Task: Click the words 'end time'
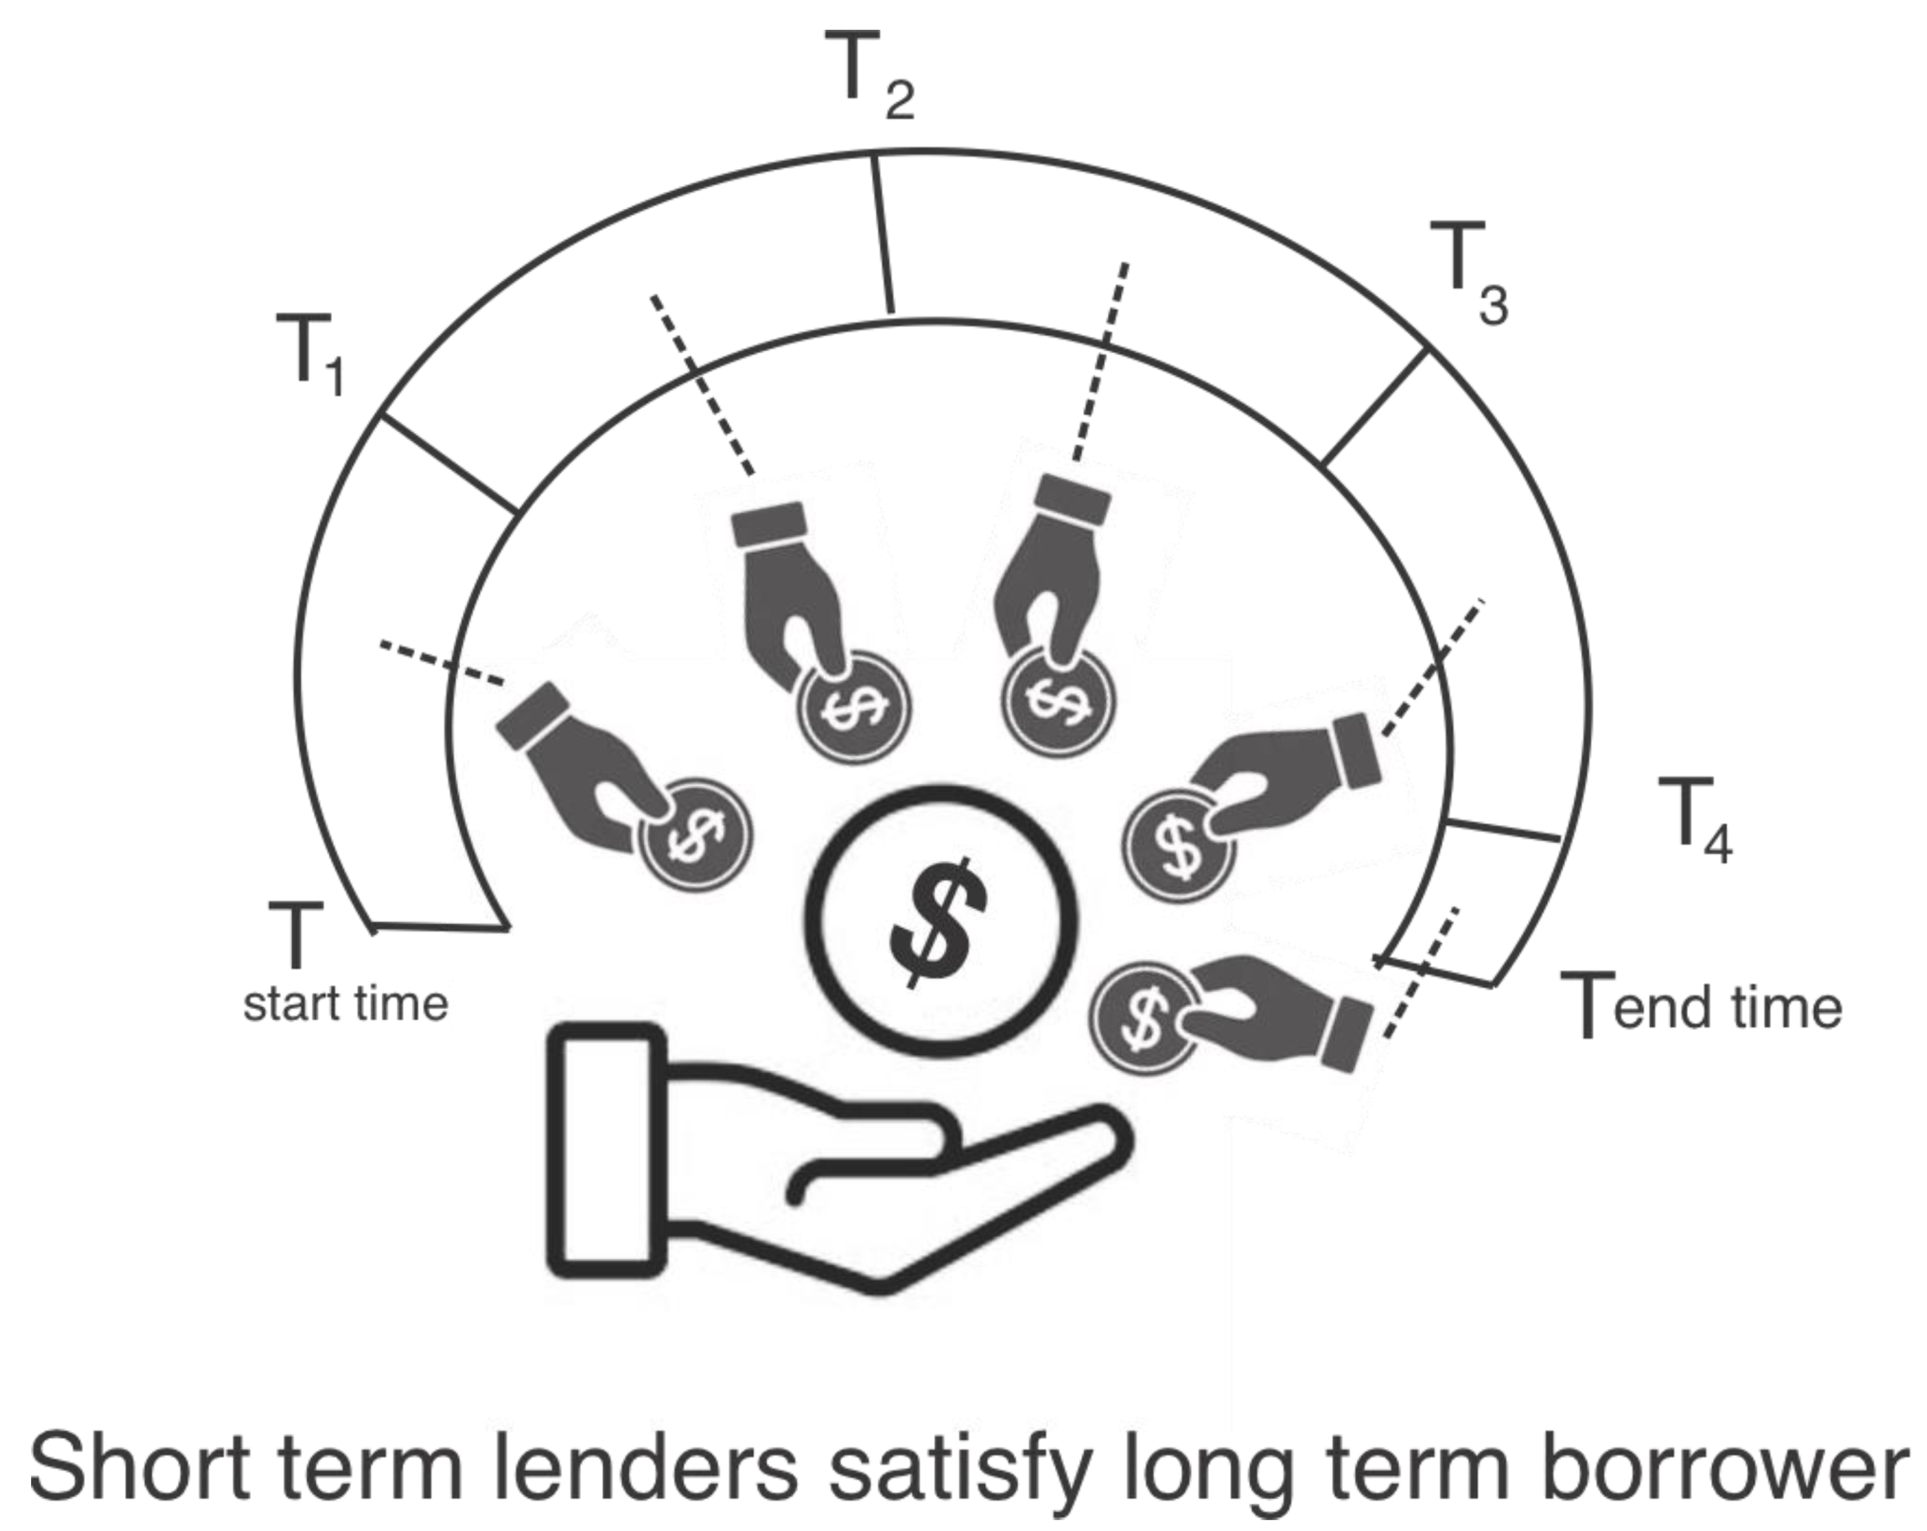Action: pos(1727,1007)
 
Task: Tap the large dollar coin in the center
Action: pos(941,920)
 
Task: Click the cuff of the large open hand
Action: pos(606,1151)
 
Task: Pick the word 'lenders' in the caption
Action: pos(644,1467)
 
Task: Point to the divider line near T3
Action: pos(1373,408)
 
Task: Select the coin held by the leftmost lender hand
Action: pos(696,836)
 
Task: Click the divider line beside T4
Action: pos(1502,830)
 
